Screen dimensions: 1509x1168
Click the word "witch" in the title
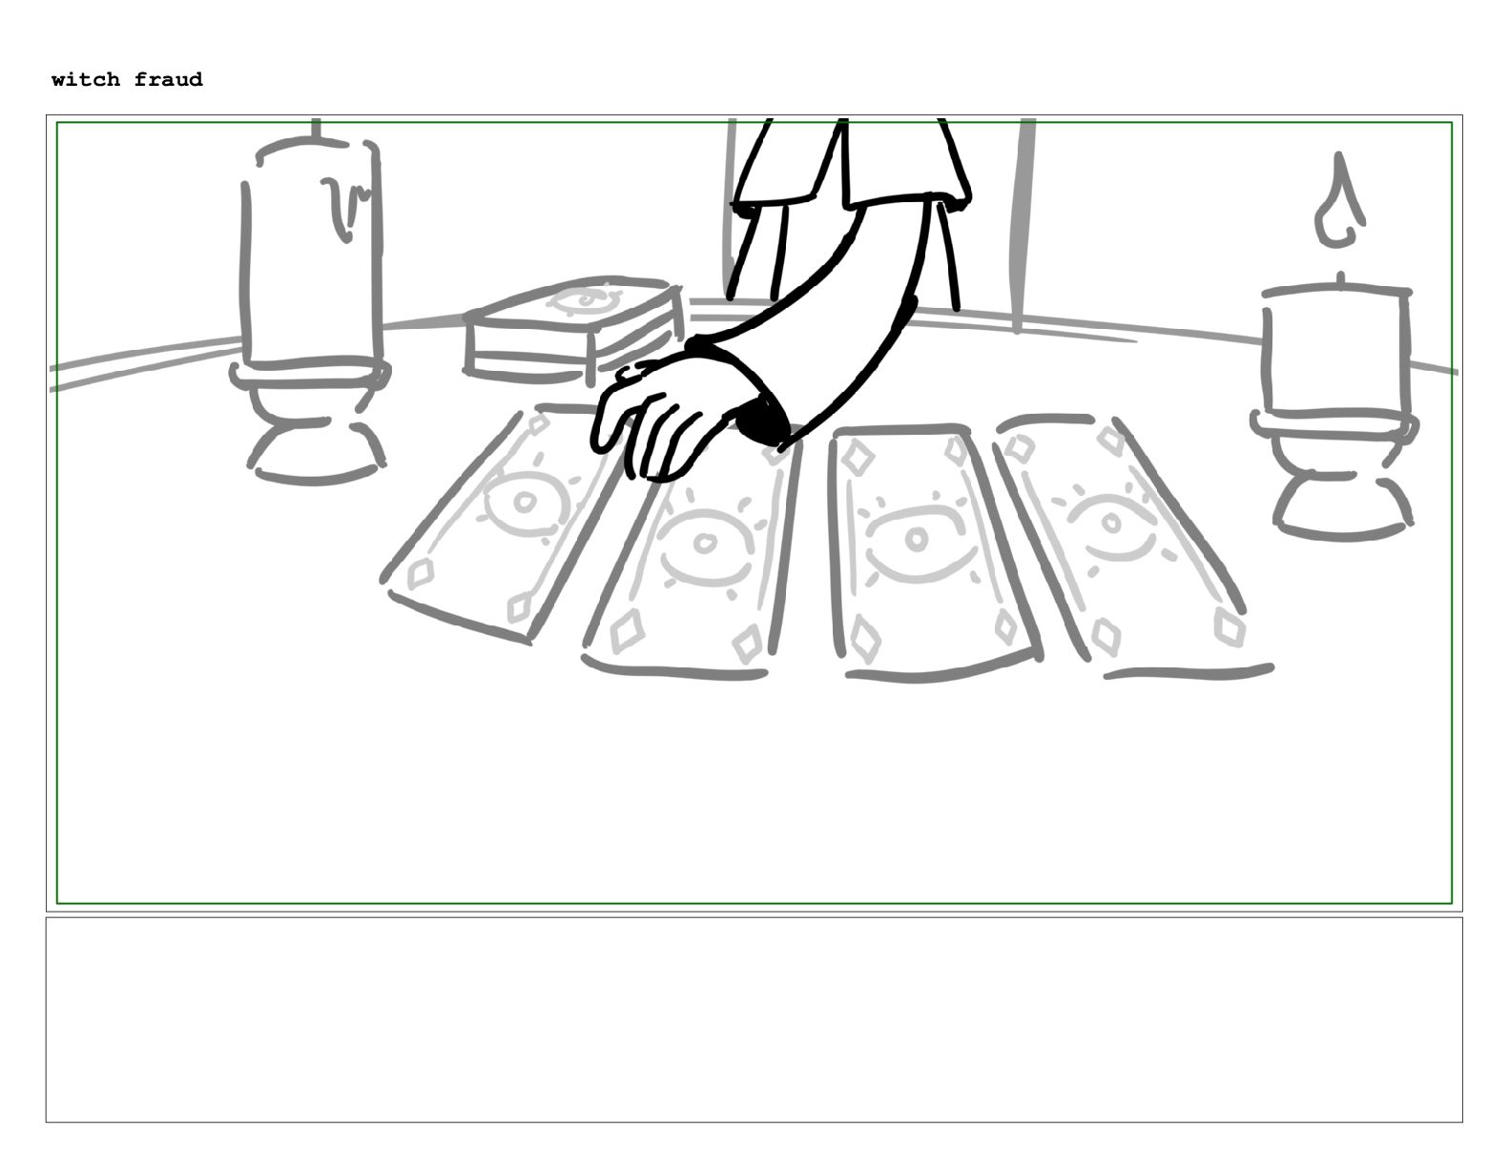86,79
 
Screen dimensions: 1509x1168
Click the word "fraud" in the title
169,79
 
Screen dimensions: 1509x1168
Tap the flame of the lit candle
1340,201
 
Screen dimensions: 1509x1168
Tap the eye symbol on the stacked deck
586,299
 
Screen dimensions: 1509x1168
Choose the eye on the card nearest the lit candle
1111,524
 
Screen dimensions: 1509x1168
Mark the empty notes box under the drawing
754,1020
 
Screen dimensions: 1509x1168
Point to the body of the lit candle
1336,351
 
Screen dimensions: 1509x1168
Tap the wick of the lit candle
1341,278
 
